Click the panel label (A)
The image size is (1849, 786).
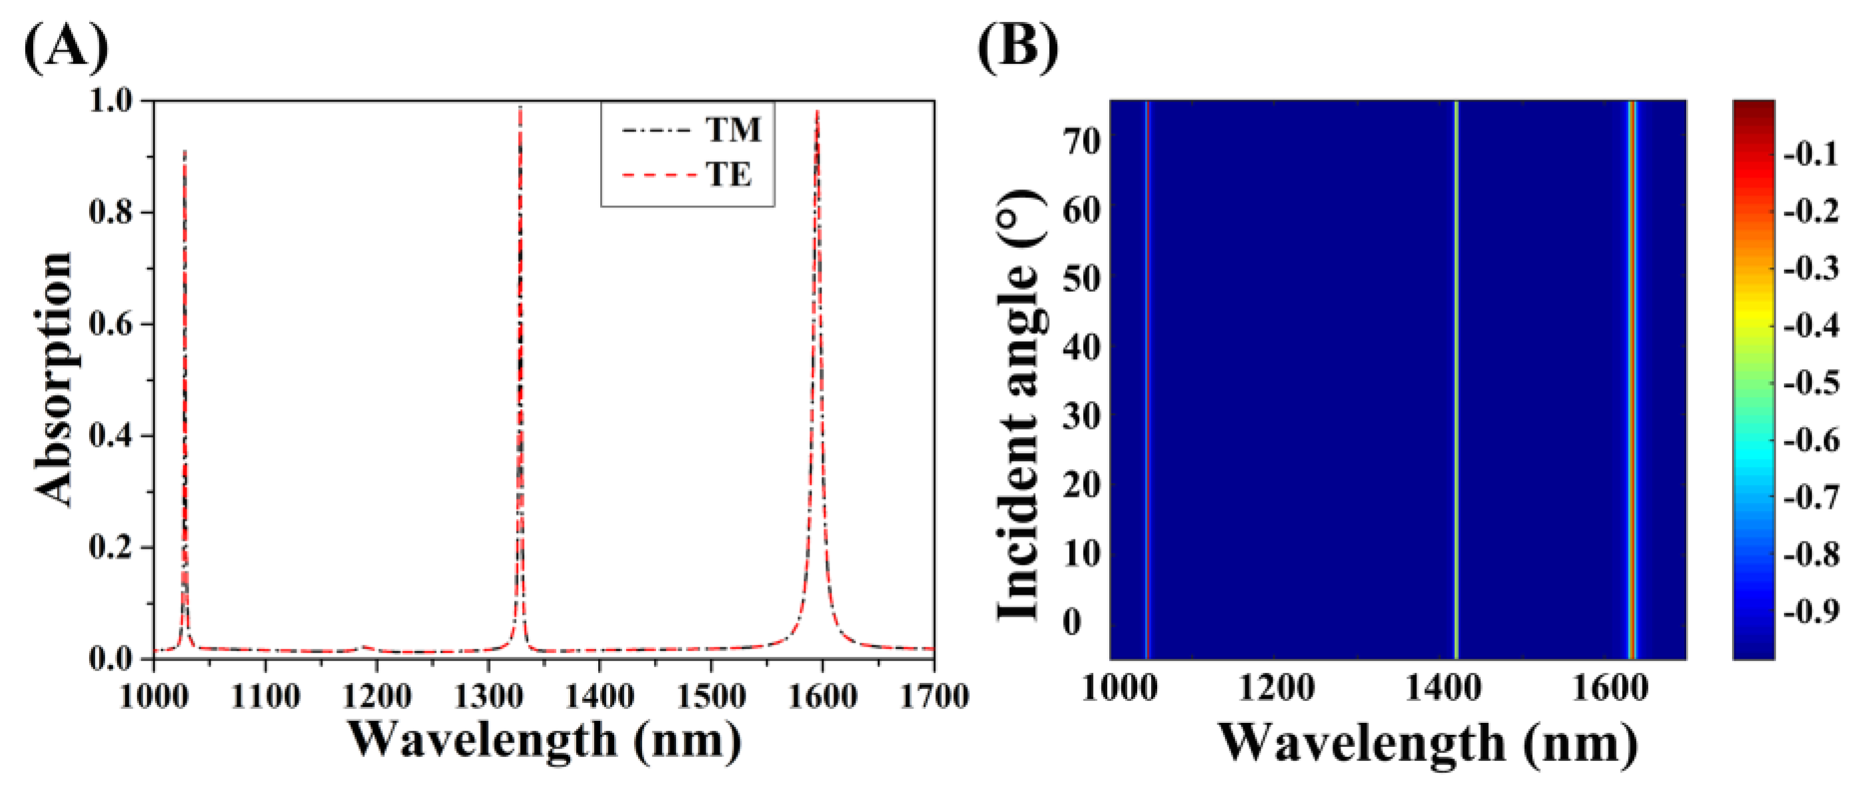tap(66, 47)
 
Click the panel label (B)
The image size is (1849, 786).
tap(1018, 47)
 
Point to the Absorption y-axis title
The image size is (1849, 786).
tap(54, 380)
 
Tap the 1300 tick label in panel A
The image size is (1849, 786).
tap(488, 695)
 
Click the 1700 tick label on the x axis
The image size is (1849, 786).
tap(934, 695)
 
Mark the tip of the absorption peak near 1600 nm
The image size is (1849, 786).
tap(817, 110)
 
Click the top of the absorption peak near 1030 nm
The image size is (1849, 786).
tap(185, 151)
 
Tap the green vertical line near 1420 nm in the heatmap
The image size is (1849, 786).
tap(1456, 379)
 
